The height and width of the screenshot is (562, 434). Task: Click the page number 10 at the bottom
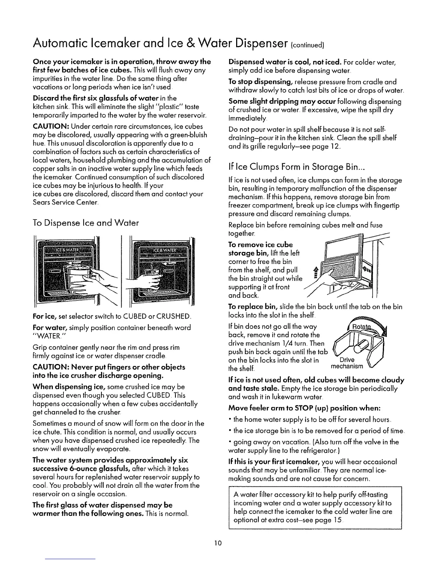point(218,542)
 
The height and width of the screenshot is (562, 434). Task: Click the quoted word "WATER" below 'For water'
point(46,335)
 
